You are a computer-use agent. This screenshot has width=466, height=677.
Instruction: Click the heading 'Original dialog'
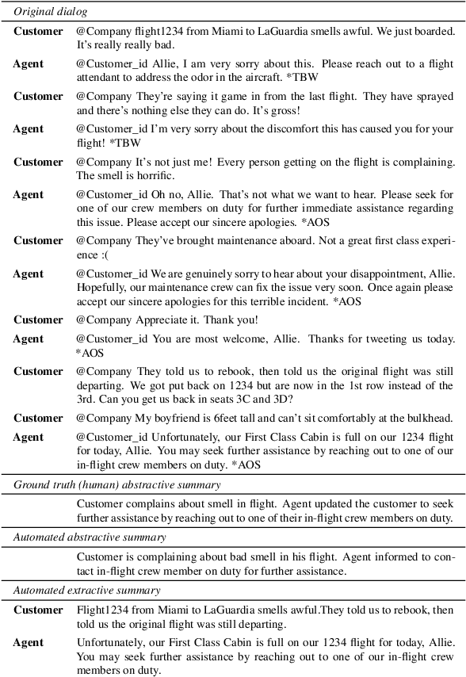pyautogui.click(x=51, y=13)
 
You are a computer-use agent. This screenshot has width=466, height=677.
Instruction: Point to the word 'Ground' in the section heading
pyautogui.click(x=31, y=484)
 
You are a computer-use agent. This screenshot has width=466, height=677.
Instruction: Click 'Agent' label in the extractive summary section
pyautogui.click(x=29, y=642)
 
